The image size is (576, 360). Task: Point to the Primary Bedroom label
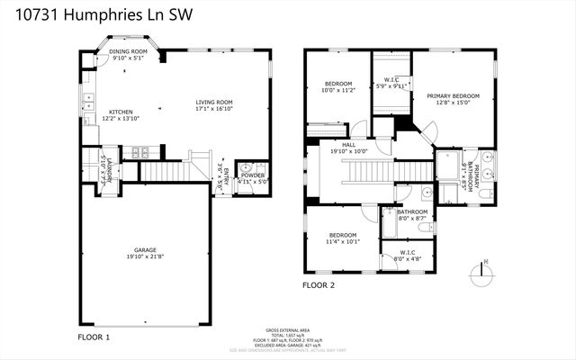tap(454, 95)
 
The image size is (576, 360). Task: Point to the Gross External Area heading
tap(287, 329)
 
